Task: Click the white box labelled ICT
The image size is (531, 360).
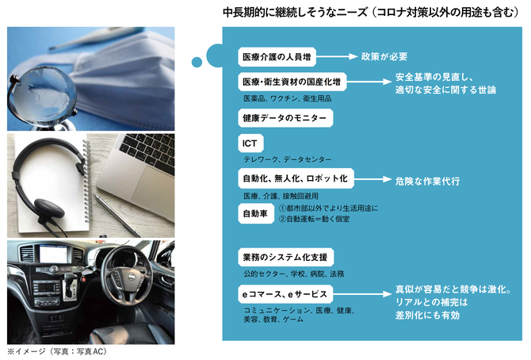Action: [x=250, y=144]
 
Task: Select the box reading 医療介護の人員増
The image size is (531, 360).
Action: [x=277, y=56]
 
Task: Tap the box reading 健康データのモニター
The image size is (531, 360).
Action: [x=285, y=118]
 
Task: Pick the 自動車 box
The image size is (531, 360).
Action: [x=256, y=213]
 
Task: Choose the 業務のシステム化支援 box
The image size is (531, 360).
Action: [x=285, y=257]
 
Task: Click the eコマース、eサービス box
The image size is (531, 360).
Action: [x=285, y=294]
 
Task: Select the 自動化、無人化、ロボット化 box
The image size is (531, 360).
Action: [x=296, y=178]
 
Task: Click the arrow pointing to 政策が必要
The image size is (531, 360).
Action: [x=337, y=56]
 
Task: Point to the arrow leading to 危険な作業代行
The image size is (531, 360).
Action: [x=372, y=179]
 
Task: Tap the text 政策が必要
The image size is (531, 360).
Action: [x=384, y=56]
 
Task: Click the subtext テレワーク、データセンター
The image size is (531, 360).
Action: [x=288, y=159]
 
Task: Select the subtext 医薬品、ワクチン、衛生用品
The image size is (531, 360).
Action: [x=288, y=98]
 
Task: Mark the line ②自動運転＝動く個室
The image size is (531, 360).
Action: [x=314, y=219]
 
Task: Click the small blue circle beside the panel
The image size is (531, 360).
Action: [x=197, y=62]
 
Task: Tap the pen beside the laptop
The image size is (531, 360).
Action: [x=117, y=215]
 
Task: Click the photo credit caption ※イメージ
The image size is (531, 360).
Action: [x=57, y=351]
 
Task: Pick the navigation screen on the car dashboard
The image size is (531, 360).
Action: [x=55, y=254]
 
